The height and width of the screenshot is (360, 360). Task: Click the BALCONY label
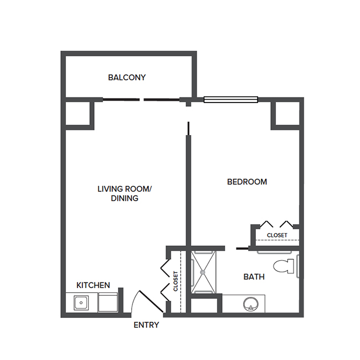[x=127, y=78]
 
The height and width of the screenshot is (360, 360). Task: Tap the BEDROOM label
[x=247, y=182]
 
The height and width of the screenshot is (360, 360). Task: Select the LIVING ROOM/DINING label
[x=125, y=193]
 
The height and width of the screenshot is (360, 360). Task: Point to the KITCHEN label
[x=93, y=285]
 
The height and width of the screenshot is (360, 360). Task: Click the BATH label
[x=254, y=276]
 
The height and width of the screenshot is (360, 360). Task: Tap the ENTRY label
[x=146, y=325]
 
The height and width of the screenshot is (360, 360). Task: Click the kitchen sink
[x=81, y=303]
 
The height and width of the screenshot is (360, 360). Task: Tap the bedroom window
[x=231, y=100]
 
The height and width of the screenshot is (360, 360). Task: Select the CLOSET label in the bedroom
[x=277, y=235]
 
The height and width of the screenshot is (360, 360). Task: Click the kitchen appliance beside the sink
[x=108, y=304]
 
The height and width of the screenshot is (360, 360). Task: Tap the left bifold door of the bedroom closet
[x=266, y=224]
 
